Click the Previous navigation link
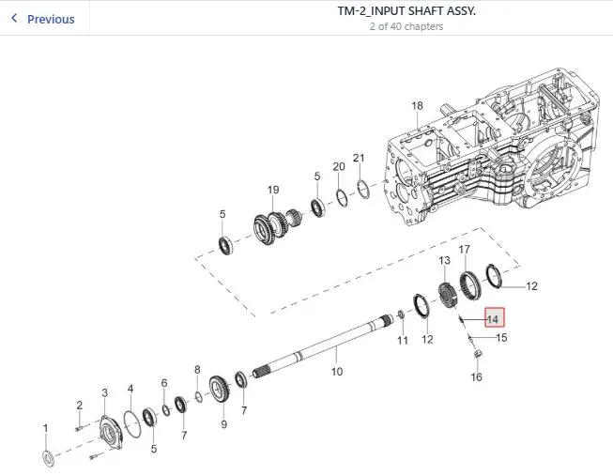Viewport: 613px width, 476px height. pos(43,19)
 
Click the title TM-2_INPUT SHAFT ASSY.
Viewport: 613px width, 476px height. pos(406,11)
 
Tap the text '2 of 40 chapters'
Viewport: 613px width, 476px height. pos(406,26)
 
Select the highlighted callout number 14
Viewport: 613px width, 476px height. pos(494,317)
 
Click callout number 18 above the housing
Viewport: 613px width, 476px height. pos(417,105)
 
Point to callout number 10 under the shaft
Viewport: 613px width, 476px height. pos(337,371)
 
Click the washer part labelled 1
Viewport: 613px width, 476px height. pos(48,458)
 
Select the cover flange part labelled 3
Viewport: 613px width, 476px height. pos(111,434)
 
